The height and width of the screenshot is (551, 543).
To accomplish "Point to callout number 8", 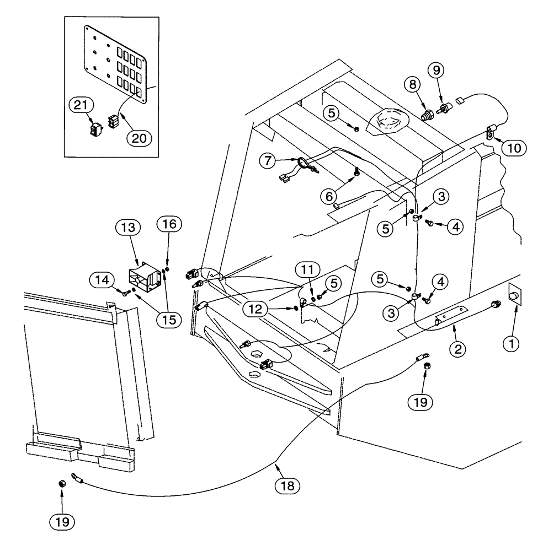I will coord(413,85).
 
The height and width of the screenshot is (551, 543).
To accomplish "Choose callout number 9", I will coord(436,70).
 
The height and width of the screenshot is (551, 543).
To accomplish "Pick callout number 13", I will coord(127,227).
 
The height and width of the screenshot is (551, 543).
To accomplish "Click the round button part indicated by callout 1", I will coord(514,296).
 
